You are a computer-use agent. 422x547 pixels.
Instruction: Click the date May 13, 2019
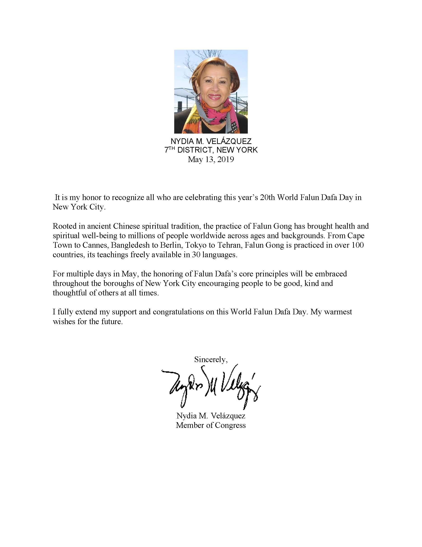211,159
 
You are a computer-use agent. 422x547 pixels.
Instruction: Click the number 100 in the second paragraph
357,245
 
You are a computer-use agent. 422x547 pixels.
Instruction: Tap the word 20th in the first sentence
267,198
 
